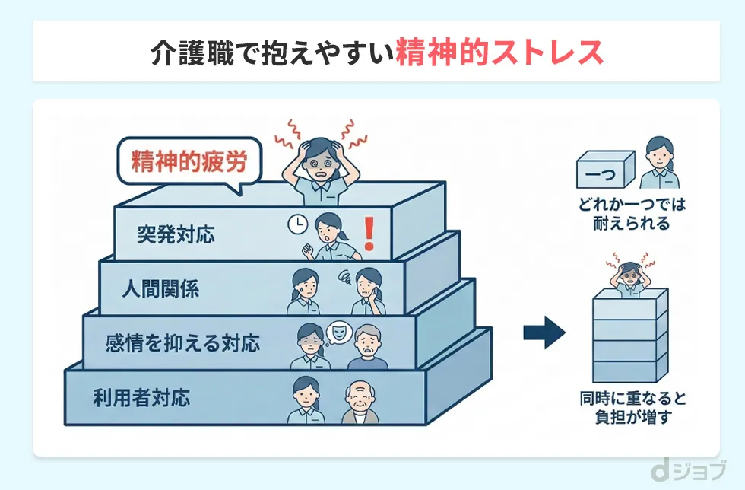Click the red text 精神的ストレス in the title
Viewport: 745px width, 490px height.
pos(499,52)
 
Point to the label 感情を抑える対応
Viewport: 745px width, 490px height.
pos(182,343)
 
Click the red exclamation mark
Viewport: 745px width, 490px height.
pos(369,233)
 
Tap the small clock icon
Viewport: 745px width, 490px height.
pos(296,224)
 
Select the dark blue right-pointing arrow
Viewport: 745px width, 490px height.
pos(544,332)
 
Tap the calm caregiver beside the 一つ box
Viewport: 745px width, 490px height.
pos(658,163)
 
